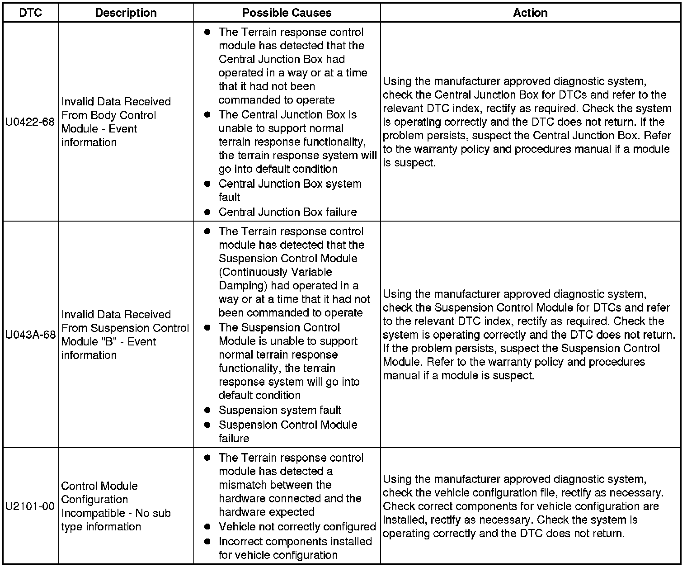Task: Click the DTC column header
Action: click(31, 13)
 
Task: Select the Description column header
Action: click(126, 13)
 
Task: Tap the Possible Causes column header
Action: click(287, 13)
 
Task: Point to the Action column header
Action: click(530, 13)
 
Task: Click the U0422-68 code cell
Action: click(30, 122)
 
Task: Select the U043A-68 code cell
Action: click(30, 335)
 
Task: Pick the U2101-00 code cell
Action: click(30, 506)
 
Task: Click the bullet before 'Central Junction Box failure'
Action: click(207, 212)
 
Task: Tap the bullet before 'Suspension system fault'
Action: click(207, 410)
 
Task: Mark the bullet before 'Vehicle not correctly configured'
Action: click(207, 527)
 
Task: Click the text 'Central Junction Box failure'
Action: click(287, 212)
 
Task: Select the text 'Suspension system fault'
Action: click(280, 410)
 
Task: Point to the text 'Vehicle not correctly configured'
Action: click(297, 527)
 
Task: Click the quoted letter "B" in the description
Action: click(108, 341)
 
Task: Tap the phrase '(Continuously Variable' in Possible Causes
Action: click(275, 272)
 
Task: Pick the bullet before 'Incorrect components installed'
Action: click(207, 541)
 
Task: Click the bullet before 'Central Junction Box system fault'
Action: click(207, 184)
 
